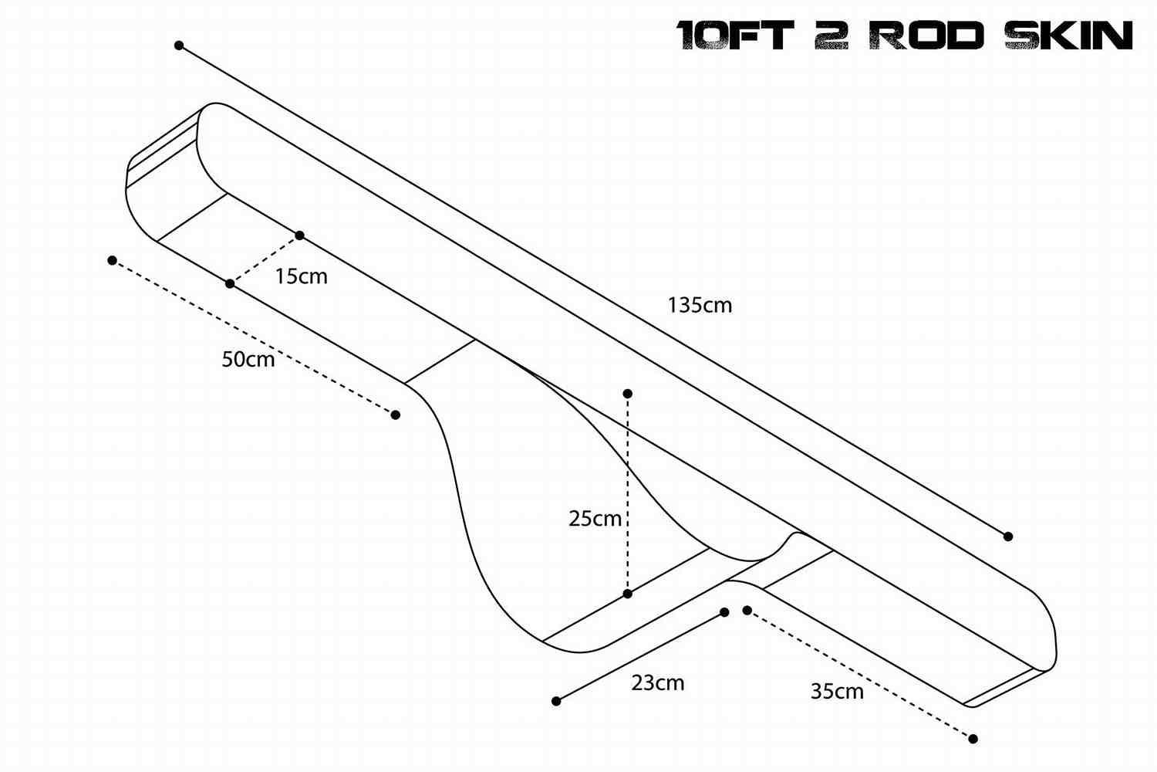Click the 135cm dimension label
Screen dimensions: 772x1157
click(x=700, y=305)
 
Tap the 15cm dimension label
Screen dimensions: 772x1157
click(x=301, y=276)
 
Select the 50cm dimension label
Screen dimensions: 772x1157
click(x=248, y=359)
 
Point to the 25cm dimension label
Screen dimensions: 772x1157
click(x=595, y=519)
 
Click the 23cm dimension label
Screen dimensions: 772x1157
click(x=657, y=682)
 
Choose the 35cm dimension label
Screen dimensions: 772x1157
click(x=837, y=691)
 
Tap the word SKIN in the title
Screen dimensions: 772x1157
click(x=1068, y=36)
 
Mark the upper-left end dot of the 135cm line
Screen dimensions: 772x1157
click(x=179, y=46)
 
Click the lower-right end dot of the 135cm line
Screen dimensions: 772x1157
click(x=1007, y=536)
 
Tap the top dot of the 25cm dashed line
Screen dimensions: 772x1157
click(x=628, y=394)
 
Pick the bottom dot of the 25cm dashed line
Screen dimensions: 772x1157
click(x=627, y=594)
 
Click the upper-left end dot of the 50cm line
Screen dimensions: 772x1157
click(x=112, y=260)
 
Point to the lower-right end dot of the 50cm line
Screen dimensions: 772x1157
click(x=396, y=415)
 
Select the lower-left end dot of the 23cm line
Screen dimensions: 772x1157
click(x=556, y=701)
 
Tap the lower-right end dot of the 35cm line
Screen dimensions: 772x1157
click(x=973, y=739)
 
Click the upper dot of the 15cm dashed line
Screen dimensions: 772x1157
click(x=300, y=235)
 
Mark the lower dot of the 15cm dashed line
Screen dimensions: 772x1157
click(x=230, y=284)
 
